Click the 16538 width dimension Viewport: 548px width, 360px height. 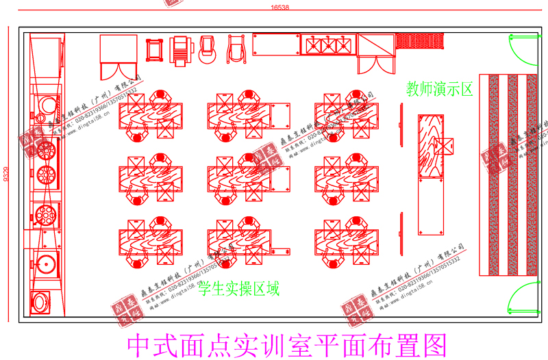click(280, 7)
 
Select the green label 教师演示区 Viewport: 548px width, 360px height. click(439, 88)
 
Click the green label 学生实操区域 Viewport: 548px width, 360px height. click(238, 289)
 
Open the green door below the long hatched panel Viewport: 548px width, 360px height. click(520, 298)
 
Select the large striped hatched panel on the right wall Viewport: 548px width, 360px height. click(508, 175)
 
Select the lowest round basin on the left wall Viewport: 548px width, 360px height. click(40, 300)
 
